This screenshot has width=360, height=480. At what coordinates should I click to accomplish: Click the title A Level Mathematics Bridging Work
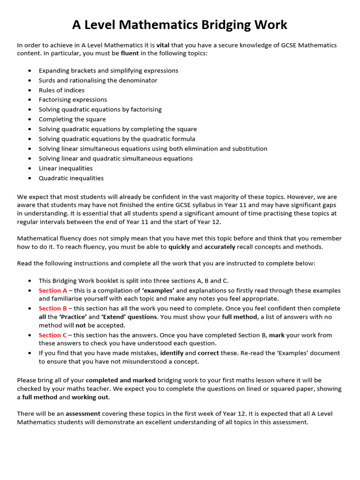(x=180, y=25)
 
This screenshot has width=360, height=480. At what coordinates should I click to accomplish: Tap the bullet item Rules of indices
(x=61, y=90)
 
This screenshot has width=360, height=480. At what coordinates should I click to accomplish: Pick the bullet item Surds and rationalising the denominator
(x=98, y=80)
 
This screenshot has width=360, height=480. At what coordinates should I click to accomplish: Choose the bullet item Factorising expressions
(x=73, y=99)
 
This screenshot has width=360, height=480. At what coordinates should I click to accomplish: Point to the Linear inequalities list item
(x=66, y=168)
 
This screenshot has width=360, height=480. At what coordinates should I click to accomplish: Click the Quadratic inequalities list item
(x=71, y=178)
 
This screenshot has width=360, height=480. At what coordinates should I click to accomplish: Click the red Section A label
(x=52, y=291)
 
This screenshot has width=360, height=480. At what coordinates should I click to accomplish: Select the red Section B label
(x=52, y=308)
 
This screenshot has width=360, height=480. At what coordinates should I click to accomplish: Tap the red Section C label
(x=52, y=335)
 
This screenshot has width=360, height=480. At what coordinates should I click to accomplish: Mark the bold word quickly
(x=179, y=247)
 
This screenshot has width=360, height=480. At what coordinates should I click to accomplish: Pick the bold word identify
(x=172, y=353)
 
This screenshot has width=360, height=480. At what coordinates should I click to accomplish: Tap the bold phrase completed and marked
(x=120, y=380)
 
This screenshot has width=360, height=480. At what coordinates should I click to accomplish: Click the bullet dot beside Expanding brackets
(x=30, y=71)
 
